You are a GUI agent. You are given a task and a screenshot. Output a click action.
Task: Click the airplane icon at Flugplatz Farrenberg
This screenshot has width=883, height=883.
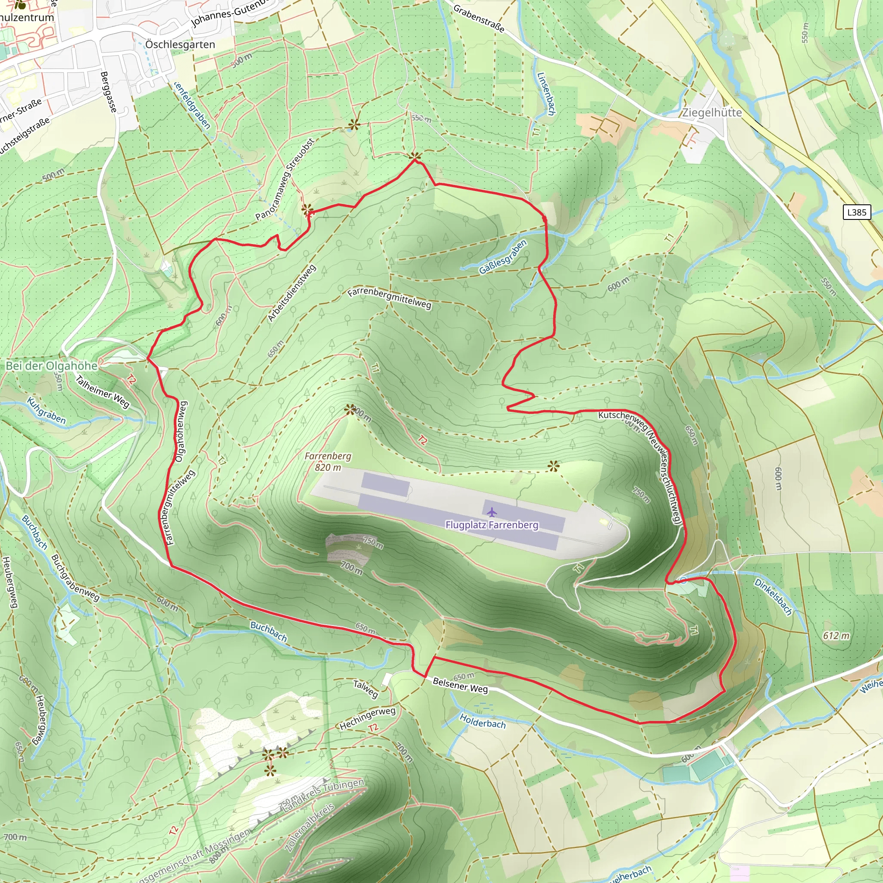492,511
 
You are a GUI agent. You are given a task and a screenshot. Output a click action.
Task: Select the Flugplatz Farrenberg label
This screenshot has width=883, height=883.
492,525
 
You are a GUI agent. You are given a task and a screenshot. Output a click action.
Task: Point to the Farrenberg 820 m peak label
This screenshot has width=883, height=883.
328,462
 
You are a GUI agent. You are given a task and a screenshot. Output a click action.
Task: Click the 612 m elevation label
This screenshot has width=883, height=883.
836,636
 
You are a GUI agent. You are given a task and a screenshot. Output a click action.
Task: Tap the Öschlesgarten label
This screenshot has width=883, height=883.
180,45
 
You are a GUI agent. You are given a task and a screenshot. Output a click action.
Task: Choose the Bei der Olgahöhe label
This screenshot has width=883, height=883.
51,366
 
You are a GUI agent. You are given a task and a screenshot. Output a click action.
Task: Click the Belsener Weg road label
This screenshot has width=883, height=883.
460,685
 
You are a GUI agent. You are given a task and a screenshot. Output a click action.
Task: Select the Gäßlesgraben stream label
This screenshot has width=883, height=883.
503,257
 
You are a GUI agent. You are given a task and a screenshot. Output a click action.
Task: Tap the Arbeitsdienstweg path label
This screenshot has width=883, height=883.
291,294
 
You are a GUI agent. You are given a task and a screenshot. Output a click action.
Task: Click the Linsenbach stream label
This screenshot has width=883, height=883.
546,94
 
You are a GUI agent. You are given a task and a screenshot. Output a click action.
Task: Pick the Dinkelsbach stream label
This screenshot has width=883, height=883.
773,596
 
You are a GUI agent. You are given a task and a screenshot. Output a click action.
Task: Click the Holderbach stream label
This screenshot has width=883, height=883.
482,721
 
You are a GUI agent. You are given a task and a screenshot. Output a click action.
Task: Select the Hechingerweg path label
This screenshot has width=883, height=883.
367,718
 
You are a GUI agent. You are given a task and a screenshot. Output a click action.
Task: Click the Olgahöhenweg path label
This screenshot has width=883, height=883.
182,432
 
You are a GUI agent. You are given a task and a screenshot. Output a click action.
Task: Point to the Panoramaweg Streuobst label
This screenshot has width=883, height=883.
285,180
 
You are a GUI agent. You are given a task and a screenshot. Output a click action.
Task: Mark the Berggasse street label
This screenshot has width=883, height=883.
109,92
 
